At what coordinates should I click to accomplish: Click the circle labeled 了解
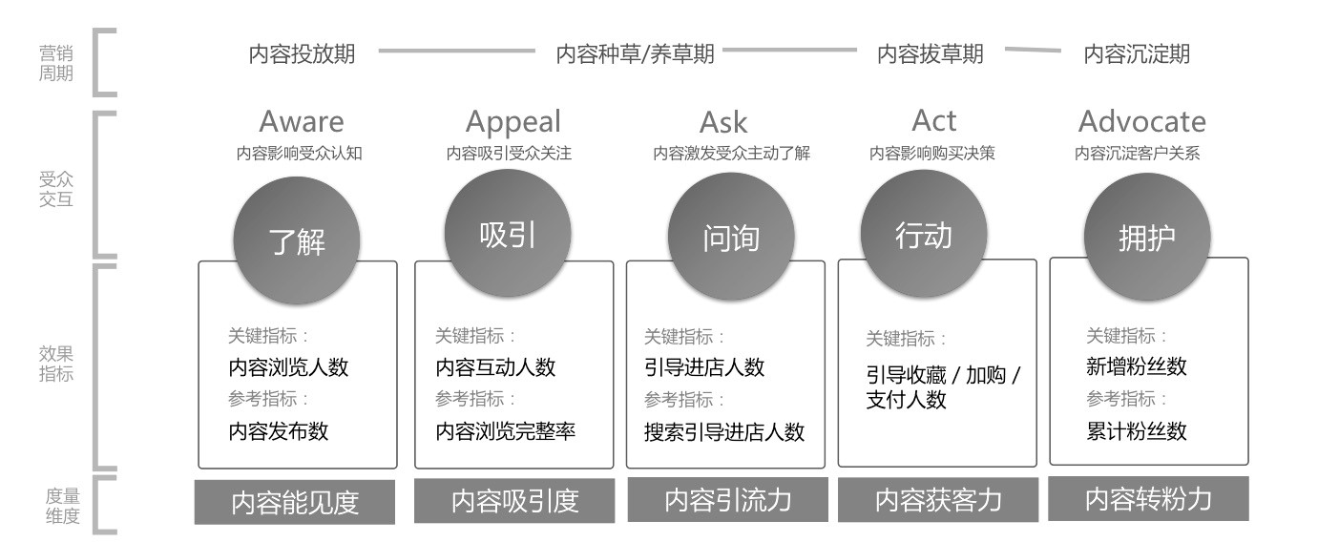(297, 240)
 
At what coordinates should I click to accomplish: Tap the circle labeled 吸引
(508, 234)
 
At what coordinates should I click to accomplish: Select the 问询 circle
(731, 237)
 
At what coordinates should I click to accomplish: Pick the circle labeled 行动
(924, 234)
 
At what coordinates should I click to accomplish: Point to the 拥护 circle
(1147, 237)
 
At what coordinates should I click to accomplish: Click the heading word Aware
(302, 122)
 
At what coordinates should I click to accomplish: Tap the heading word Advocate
(1142, 122)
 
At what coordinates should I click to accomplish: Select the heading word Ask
(723, 122)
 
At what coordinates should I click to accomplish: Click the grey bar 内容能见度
(295, 502)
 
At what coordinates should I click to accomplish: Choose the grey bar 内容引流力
(728, 500)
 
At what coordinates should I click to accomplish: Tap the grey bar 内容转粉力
(1148, 498)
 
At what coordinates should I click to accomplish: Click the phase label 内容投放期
(302, 54)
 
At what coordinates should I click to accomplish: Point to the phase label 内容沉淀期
(1137, 54)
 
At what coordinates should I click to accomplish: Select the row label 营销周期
(56, 64)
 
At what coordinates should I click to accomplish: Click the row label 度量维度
(62, 506)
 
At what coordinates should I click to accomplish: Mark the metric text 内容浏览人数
(288, 367)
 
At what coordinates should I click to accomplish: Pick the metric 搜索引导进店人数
(724, 432)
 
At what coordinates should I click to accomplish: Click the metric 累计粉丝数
(1137, 431)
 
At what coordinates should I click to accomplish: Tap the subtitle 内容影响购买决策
(932, 154)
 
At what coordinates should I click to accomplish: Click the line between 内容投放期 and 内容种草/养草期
(456, 51)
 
